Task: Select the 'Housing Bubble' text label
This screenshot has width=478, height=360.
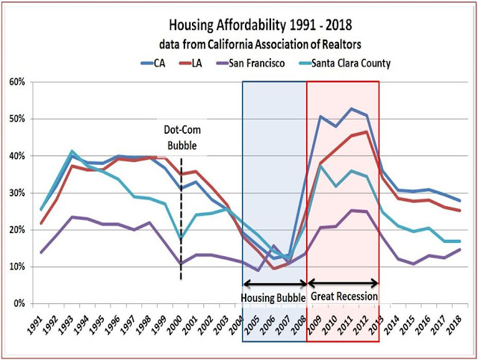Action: [274, 296]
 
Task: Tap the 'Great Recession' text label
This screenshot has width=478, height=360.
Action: [343, 296]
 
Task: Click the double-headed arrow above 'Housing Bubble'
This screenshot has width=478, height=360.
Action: [274, 283]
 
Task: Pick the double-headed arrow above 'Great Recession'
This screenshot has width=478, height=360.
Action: [343, 283]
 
